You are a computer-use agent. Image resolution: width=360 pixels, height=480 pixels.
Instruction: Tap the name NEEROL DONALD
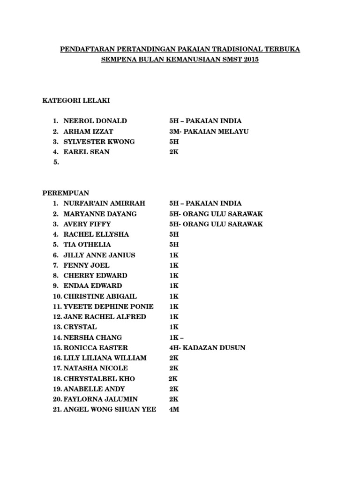coord(95,121)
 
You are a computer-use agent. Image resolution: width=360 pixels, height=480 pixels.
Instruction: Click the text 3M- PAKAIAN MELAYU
coord(209,131)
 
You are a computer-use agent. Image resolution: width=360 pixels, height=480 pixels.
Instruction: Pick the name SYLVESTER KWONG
coord(99,142)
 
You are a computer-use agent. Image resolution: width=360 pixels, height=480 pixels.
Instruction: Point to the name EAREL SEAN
coord(86,152)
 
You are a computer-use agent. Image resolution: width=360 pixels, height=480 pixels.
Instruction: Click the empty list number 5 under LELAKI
coord(56,162)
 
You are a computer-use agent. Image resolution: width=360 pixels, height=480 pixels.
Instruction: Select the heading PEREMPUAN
coord(66,193)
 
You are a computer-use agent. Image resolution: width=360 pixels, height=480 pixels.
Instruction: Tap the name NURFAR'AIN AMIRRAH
coord(104,203)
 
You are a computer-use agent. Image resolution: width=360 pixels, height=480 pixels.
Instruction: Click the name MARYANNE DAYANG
coord(100,214)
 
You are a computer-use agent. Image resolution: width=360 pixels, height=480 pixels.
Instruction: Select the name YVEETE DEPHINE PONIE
coord(108,307)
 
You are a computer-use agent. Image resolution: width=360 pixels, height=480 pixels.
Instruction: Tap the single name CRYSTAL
coord(80,327)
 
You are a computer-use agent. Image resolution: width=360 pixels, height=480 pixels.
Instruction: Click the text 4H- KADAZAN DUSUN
coord(207,348)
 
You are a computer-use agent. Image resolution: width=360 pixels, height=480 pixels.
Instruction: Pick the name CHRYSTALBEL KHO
coord(99,379)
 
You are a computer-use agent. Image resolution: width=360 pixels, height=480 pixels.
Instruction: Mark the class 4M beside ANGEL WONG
coord(174,410)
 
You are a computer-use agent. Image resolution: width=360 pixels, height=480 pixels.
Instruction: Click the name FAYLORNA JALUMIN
coord(100,399)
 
